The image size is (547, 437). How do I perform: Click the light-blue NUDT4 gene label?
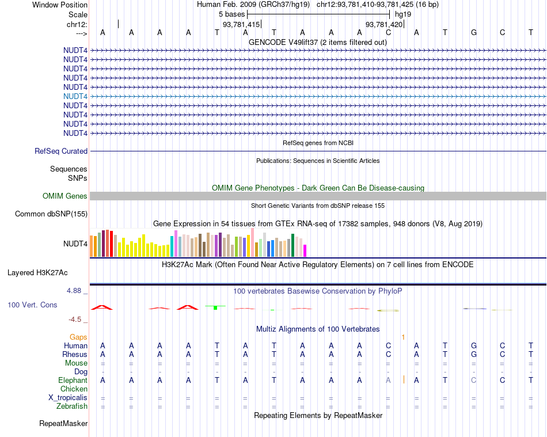pos(76,96)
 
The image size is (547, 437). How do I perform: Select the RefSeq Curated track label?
pos(61,151)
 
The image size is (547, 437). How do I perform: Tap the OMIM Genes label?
pos(65,196)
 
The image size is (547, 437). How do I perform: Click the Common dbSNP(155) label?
pos(52,214)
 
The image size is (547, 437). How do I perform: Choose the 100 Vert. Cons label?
pos(32,305)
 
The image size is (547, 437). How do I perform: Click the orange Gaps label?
pos(78,337)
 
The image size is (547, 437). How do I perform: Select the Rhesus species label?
pos(75,355)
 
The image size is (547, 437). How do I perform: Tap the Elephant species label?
pos(73,381)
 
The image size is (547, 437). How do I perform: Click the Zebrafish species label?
pos(73,406)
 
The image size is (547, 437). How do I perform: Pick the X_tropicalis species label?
pos(68,398)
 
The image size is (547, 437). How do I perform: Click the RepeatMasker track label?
pos(63,424)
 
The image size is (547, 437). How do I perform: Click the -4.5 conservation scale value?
pos(75,320)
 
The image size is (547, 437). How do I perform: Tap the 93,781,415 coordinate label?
pos(241,25)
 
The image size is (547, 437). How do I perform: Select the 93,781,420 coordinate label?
pos(384,25)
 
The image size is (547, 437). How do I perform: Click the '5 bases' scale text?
pos(232,13)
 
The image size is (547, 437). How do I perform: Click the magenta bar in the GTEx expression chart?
pos(305,250)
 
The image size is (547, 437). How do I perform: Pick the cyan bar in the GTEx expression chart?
pos(172,246)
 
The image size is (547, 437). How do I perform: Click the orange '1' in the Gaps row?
pos(403,337)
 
